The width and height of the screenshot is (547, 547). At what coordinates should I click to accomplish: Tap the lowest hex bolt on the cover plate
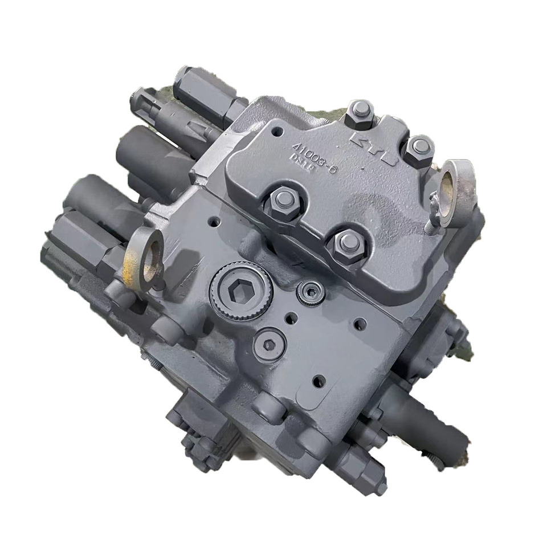tap(346, 243)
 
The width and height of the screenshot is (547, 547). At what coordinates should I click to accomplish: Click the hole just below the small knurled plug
tap(291, 319)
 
